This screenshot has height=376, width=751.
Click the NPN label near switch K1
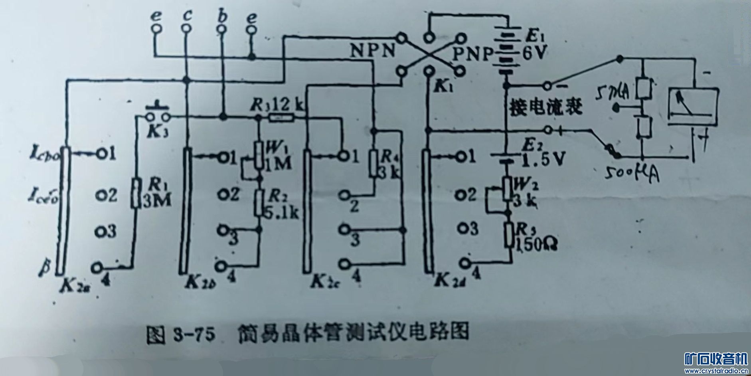pyautogui.click(x=373, y=51)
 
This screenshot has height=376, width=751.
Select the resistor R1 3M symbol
pyautogui.click(x=136, y=194)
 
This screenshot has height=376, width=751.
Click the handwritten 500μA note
pyautogui.click(x=630, y=173)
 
